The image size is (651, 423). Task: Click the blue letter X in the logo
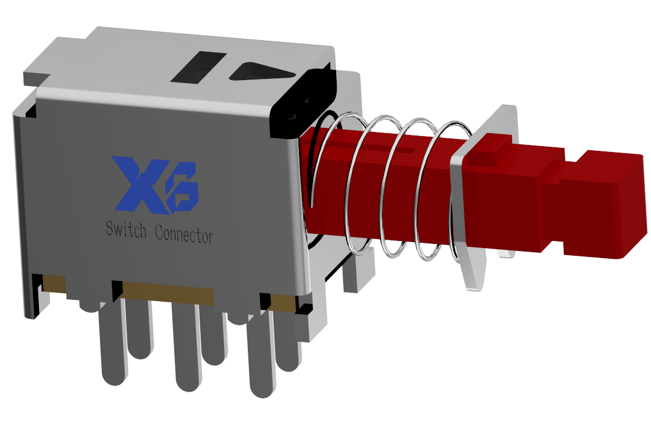(137, 183)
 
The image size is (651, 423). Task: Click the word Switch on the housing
(126, 229)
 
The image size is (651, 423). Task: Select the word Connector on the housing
(184, 234)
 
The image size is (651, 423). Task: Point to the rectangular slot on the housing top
(199, 66)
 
